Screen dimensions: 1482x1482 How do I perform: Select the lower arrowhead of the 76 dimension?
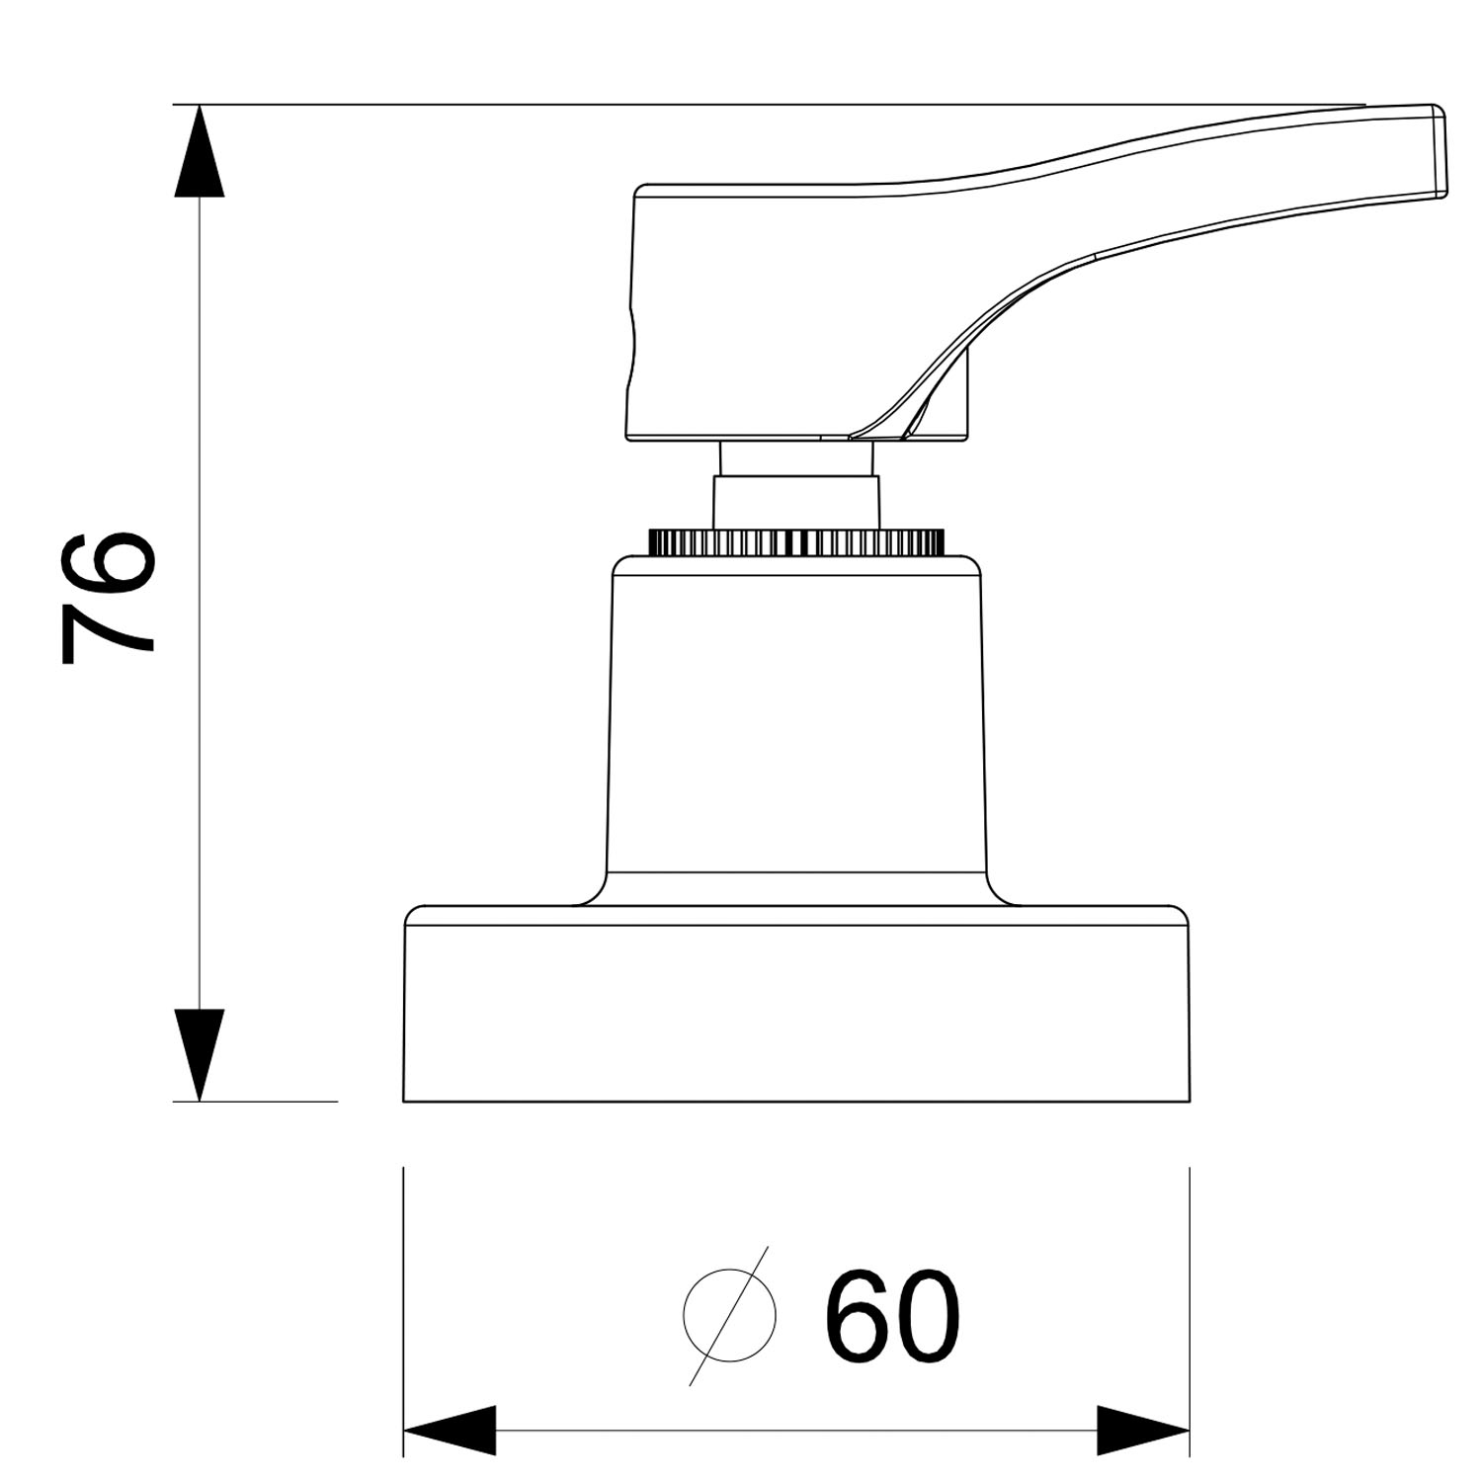tap(200, 1054)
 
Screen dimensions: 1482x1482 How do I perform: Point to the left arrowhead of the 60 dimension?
tap(450, 1430)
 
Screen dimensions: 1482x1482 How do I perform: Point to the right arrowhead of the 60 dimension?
tap(1143, 1430)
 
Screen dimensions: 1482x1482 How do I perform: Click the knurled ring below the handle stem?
tap(796, 541)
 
